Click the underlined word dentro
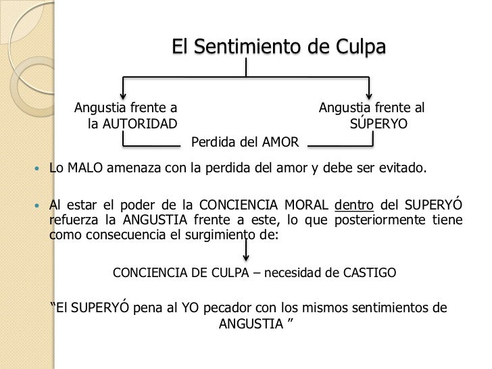[x=353, y=206]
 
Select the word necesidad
[x=292, y=274]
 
